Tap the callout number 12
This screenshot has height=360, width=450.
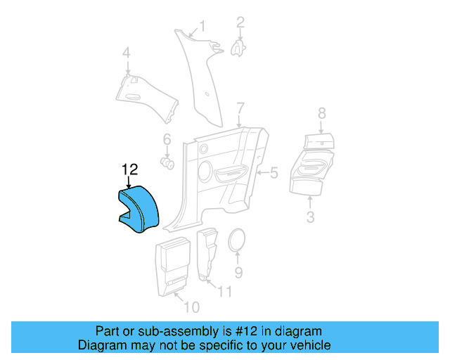(x=129, y=169)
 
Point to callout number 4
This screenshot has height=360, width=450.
(x=127, y=53)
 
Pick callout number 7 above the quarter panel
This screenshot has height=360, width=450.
(x=240, y=108)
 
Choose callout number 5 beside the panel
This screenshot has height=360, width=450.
(x=274, y=172)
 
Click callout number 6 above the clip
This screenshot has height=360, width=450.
(x=167, y=139)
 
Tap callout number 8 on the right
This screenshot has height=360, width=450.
(x=321, y=112)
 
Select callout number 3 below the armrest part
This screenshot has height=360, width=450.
(x=310, y=217)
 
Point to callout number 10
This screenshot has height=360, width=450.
(x=191, y=307)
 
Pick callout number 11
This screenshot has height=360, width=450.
(x=224, y=291)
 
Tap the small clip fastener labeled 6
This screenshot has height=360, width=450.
(x=168, y=163)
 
